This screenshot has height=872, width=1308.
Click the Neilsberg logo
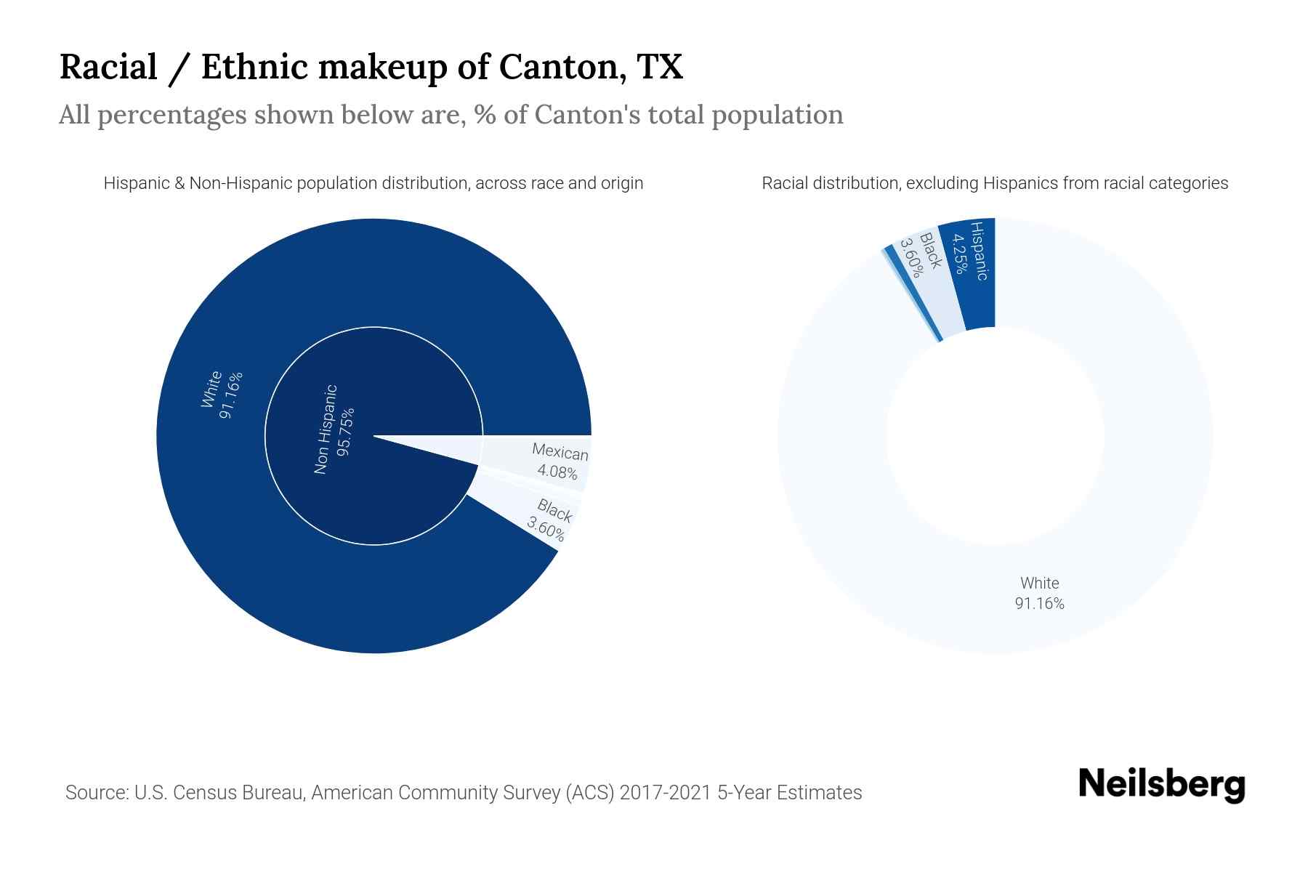click(x=1161, y=785)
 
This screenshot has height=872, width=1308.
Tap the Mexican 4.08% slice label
click(x=559, y=462)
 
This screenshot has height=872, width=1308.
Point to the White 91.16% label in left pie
click(x=221, y=395)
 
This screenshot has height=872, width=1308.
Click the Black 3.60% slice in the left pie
click(x=551, y=520)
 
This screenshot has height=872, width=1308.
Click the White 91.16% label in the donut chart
click(x=1039, y=593)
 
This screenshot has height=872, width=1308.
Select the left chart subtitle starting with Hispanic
click(x=373, y=183)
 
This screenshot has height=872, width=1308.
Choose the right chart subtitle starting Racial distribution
click(x=994, y=183)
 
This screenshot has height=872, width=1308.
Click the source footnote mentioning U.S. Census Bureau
click(x=463, y=792)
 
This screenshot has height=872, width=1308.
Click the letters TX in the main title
click(x=660, y=67)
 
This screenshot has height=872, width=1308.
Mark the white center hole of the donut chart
click(x=995, y=436)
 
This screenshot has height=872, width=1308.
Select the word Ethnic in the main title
click(x=254, y=67)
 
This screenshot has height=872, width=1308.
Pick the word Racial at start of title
click(x=108, y=67)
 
